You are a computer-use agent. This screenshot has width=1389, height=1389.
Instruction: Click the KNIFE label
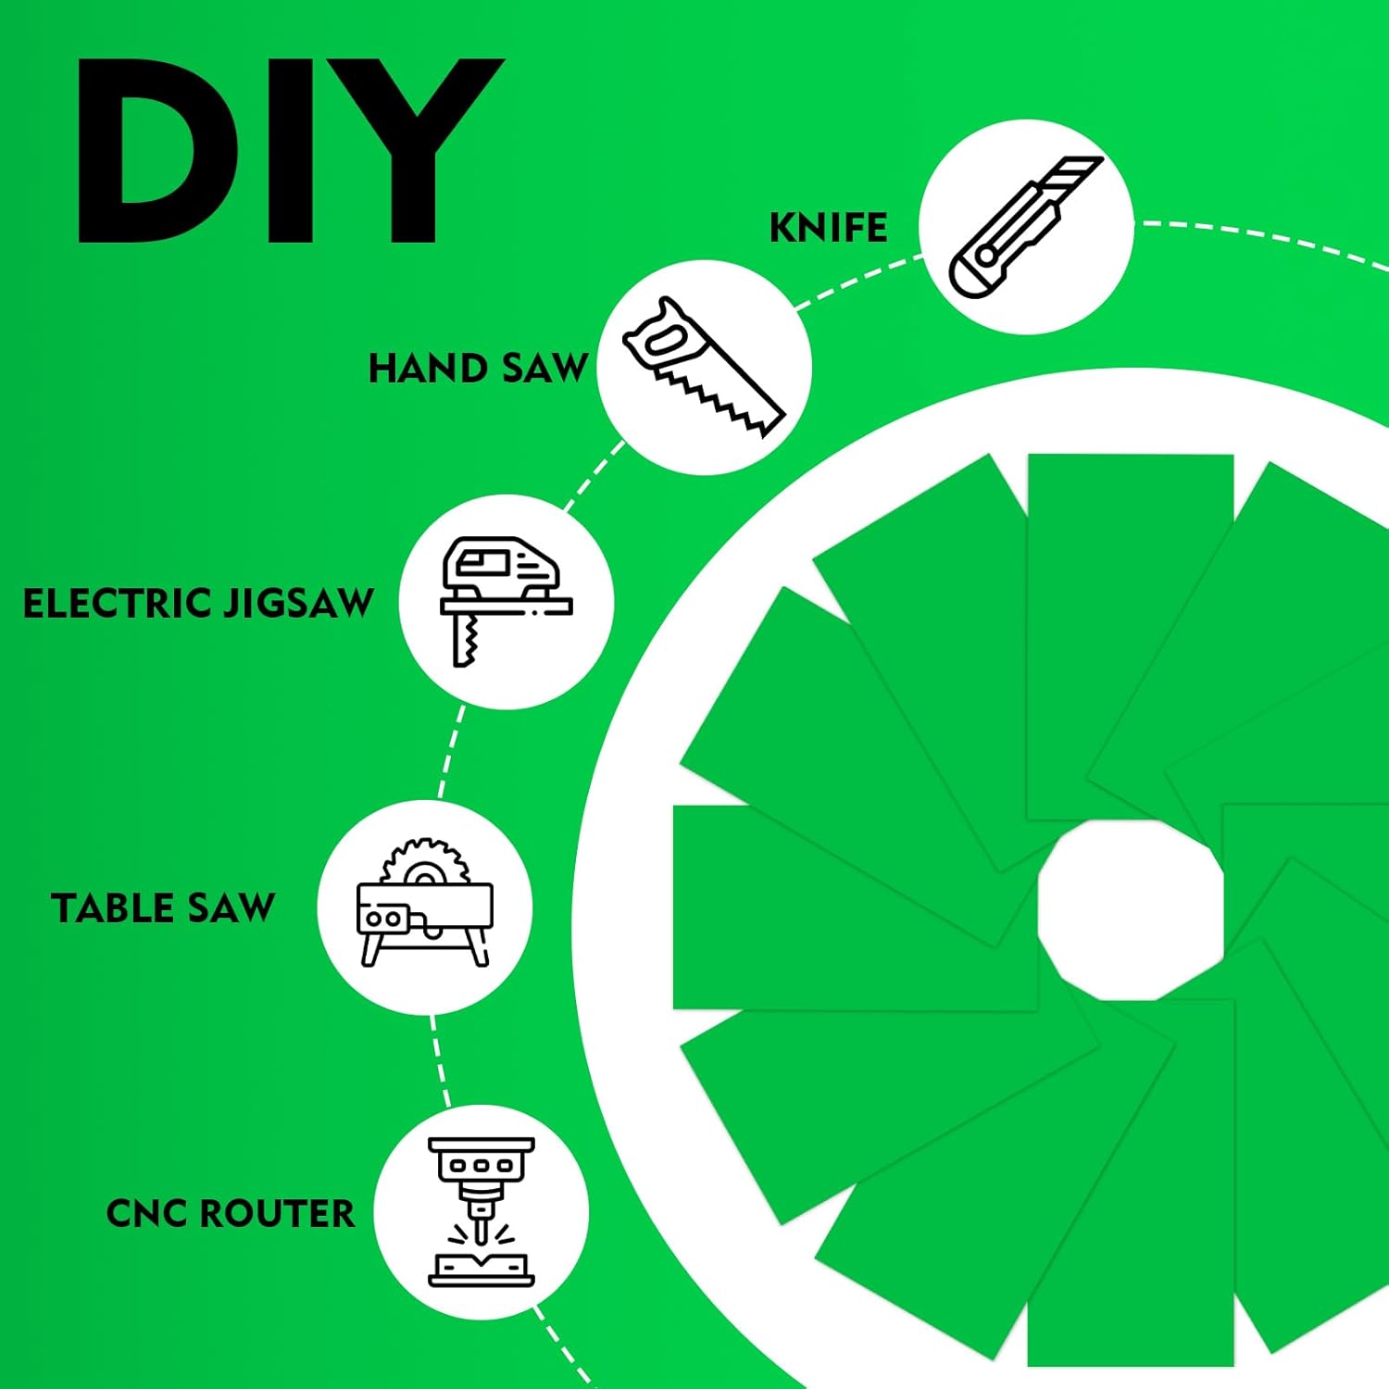click(x=828, y=228)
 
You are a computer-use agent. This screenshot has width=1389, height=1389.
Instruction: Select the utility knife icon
click(x=1026, y=227)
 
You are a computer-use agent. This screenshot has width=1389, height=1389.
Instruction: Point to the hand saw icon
click(x=704, y=367)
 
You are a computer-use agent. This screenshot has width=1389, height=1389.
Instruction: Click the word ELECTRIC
click(x=119, y=604)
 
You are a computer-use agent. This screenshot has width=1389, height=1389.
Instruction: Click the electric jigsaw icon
click(x=507, y=602)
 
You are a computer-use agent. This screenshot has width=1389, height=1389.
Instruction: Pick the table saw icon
click(x=425, y=903)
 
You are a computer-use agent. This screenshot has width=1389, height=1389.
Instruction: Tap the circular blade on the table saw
click(x=425, y=861)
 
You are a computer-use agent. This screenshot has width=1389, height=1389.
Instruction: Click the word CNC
click(x=147, y=1213)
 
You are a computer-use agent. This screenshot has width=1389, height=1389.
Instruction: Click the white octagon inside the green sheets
click(x=1131, y=910)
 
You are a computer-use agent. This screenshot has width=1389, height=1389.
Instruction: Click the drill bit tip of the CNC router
click(x=482, y=1237)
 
